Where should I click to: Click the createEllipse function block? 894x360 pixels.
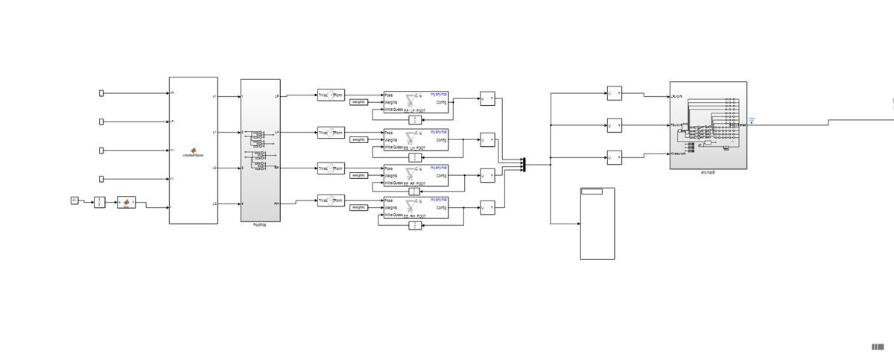pos(194,150)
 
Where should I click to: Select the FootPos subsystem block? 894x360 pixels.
pos(260,150)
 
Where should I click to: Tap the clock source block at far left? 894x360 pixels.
pos(74,200)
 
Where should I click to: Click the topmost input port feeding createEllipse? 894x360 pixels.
pos(102,93)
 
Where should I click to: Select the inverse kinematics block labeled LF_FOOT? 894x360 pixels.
pos(416,103)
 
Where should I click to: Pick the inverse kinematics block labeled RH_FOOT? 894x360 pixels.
pos(416,207)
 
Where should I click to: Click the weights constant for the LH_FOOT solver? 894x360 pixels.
pos(358,139)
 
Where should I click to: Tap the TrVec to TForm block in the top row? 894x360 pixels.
pos(331,95)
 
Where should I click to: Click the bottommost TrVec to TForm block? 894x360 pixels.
pos(331,200)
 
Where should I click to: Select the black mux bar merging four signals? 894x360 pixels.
pos(524,164)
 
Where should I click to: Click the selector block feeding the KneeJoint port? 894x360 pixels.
pos(614,157)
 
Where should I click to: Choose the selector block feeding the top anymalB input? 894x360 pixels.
pos(614,93)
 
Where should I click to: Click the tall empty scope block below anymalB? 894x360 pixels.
pos(597,224)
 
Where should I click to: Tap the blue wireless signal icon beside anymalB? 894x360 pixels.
pos(751,121)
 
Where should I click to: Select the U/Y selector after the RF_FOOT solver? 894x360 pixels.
pos(487,176)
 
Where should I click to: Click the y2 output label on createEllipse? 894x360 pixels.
pos(215,203)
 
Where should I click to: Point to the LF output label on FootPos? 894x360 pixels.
pos(276,96)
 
